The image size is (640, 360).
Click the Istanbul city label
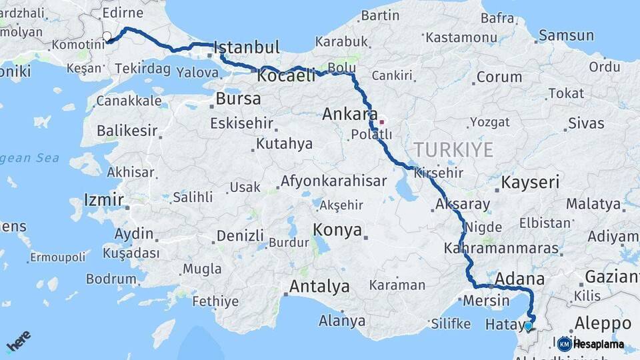click(247, 48)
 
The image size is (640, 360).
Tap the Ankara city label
click(349, 114)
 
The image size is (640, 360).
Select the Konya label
click(338, 231)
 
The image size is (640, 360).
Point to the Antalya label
click(319, 287)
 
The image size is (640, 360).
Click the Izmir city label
click(103, 199)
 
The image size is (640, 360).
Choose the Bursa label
click(238, 100)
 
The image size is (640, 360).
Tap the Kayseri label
click(530, 183)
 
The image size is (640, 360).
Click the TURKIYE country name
click(453, 149)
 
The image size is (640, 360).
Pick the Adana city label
click(519, 279)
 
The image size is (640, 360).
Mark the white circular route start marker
click(107, 36)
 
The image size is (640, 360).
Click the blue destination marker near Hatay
click(528, 326)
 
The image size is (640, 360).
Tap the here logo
click(18, 341)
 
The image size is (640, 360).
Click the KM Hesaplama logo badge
click(590, 344)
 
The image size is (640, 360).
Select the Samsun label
click(566, 35)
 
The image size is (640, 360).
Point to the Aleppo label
click(603, 323)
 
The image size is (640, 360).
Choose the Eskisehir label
click(242, 123)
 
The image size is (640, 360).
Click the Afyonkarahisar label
click(333, 181)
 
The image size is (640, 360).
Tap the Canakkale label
click(129, 101)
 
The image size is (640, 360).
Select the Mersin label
click(486, 301)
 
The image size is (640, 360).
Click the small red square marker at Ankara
click(381, 122)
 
